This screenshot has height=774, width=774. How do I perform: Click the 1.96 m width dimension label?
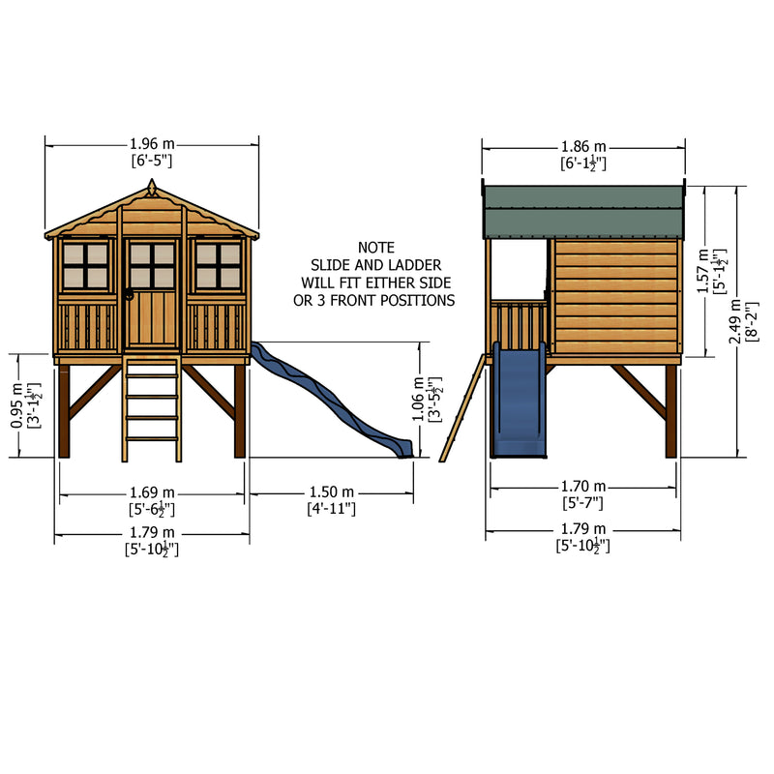tap(152, 144)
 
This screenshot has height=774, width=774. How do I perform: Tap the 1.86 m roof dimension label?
tap(583, 147)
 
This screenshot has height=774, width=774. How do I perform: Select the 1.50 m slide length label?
tap(332, 492)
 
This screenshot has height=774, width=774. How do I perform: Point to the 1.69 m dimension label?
tap(152, 492)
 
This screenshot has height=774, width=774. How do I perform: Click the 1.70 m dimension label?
tap(583, 487)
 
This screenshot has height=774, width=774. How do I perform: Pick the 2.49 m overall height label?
tap(735, 322)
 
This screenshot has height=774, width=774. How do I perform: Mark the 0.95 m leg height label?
tap(16, 405)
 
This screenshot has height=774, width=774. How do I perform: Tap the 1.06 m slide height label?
tap(418, 399)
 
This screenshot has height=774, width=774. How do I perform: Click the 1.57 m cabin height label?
tap(703, 271)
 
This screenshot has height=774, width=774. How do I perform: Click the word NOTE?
tap(376, 248)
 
